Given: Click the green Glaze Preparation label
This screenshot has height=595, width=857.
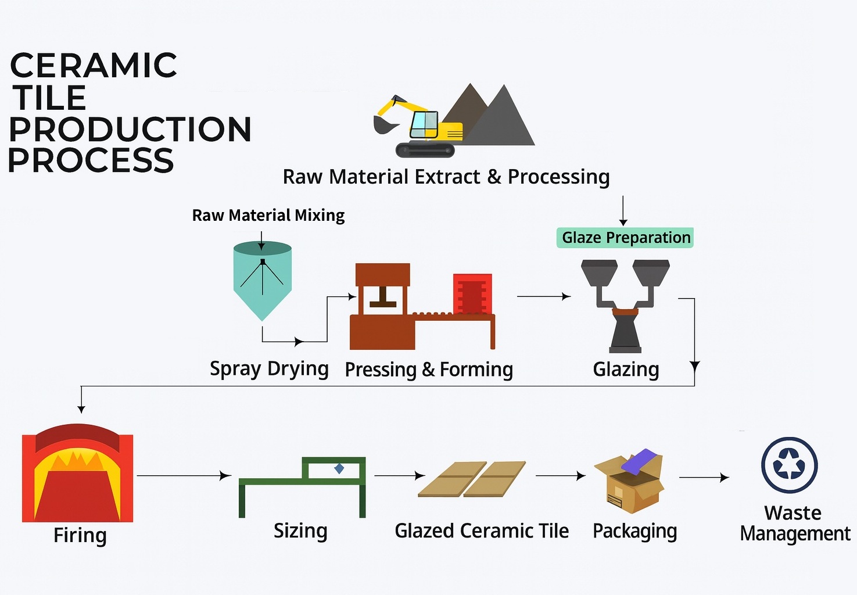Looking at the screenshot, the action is [x=625, y=238].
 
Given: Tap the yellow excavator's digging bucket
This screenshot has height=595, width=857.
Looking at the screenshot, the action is [x=384, y=124].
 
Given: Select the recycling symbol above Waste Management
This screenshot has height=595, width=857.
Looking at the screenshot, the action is [x=789, y=465].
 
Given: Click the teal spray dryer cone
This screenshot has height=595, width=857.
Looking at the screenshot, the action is [x=263, y=281].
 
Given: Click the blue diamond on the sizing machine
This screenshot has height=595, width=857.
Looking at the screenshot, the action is [x=339, y=468].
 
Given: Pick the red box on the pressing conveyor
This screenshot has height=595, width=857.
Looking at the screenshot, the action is [x=472, y=294].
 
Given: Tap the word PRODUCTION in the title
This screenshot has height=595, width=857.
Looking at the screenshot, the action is [x=130, y=129].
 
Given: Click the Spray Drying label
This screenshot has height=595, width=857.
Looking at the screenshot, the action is [x=269, y=369].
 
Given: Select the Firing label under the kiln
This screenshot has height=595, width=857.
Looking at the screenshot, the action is [x=80, y=535].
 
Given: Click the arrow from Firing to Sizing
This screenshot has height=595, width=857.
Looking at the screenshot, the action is [x=184, y=476].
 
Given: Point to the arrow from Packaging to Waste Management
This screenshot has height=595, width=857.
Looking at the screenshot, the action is [x=704, y=478].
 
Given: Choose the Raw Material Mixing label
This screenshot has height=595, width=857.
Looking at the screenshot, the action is [x=268, y=216].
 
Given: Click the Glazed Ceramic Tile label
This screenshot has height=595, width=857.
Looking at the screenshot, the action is [x=482, y=531].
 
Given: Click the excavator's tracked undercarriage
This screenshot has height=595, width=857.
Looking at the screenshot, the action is [x=425, y=149].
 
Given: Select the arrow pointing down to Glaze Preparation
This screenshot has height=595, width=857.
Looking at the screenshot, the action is [x=623, y=210].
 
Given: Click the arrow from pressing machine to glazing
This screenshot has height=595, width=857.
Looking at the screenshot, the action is [x=544, y=296].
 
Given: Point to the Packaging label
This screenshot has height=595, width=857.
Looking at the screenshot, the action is [x=634, y=532].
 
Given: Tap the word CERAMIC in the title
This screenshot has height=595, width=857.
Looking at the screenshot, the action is [x=94, y=65].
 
